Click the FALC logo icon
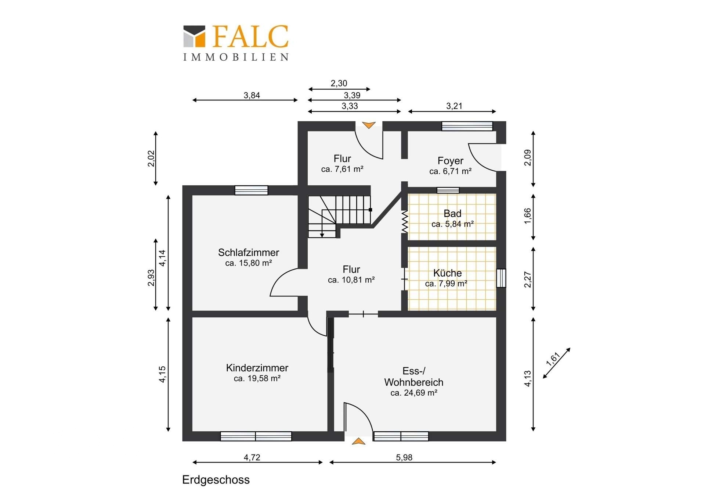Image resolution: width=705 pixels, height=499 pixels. click(194, 36)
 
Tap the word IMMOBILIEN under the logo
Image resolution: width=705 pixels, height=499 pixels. click(236, 57)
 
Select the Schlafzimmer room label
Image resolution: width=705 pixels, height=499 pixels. click(249, 253)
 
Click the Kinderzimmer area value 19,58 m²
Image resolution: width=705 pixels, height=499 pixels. click(257, 378)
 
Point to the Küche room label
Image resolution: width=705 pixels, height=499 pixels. click(447, 273)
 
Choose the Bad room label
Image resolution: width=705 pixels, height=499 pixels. click(452, 214)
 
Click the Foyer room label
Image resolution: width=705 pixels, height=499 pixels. click(451, 161)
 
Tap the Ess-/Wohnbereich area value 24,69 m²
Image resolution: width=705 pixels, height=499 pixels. click(414, 393)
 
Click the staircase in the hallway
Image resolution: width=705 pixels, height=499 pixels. click(339, 216)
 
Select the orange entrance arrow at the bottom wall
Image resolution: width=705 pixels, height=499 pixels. click(359, 441)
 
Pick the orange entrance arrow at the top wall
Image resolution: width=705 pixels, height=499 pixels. click(369, 125)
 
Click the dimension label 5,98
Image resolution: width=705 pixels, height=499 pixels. click(404, 457)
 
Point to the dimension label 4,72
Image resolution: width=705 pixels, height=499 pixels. click(252, 457)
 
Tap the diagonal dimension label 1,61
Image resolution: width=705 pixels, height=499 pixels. click(553, 359)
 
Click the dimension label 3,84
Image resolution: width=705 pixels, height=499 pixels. click(252, 96)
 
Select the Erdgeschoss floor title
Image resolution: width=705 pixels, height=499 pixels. click(216, 480)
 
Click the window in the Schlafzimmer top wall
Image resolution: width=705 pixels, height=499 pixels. click(252, 190)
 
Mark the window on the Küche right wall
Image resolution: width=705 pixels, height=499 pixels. click(501, 278)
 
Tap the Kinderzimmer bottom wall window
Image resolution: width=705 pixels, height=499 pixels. click(256, 436)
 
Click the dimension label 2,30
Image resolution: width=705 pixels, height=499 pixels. click(339, 83)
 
